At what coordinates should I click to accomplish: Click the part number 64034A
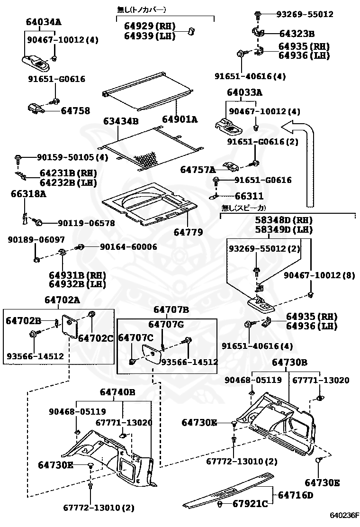click(x=44, y=22)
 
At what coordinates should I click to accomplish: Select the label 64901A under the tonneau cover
click(x=180, y=119)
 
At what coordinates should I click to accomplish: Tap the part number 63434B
click(x=121, y=121)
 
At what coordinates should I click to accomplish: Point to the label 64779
click(x=189, y=232)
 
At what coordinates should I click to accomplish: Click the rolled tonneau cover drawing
click(x=148, y=91)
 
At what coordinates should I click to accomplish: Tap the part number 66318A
click(x=28, y=194)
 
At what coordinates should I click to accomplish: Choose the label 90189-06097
click(x=36, y=240)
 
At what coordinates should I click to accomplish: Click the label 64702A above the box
click(x=63, y=300)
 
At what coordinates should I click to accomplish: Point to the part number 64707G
click(x=166, y=324)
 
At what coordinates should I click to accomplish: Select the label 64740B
click(x=117, y=392)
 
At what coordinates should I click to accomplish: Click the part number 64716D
click(x=296, y=495)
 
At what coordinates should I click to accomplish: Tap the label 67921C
click(x=250, y=503)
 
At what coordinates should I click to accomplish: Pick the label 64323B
click(x=297, y=34)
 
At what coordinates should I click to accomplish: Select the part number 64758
click(x=75, y=110)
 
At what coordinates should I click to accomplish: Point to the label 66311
click(x=249, y=196)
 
